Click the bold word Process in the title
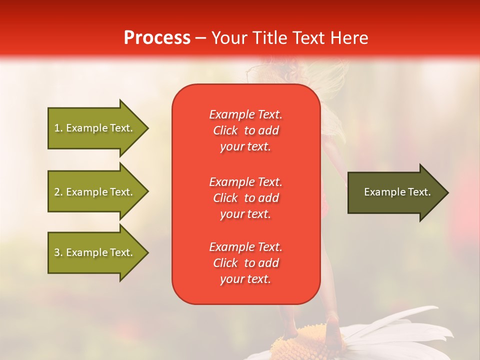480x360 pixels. click(x=157, y=38)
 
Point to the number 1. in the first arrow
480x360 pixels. click(x=58, y=128)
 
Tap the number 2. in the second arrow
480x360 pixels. click(x=58, y=192)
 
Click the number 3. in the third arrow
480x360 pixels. click(x=58, y=252)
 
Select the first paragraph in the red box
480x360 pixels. click(x=245, y=130)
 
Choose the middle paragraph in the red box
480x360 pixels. click(x=245, y=198)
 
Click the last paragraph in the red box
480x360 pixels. click(x=245, y=263)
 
